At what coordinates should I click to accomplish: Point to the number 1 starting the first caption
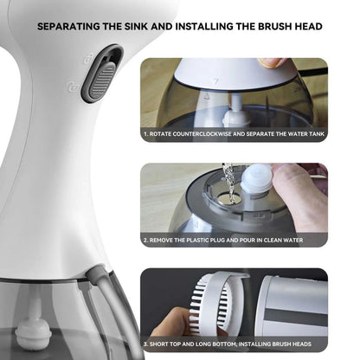pyautogui.click(x=145, y=135)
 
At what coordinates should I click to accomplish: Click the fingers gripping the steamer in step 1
pyautogui.click(x=273, y=63)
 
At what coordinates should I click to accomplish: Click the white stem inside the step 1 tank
pyautogui.click(x=233, y=112)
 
